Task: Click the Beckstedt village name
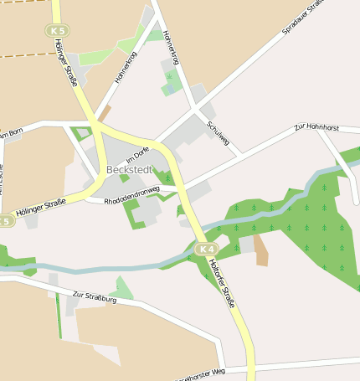(x=128, y=169)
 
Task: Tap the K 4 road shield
(x=207, y=250)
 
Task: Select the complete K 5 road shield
(x=57, y=30)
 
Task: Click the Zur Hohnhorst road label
(x=316, y=128)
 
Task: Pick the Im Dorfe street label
(x=137, y=155)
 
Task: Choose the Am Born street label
(x=11, y=132)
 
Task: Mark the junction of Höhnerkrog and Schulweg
(x=195, y=107)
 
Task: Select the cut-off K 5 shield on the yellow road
(x=5, y=221)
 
